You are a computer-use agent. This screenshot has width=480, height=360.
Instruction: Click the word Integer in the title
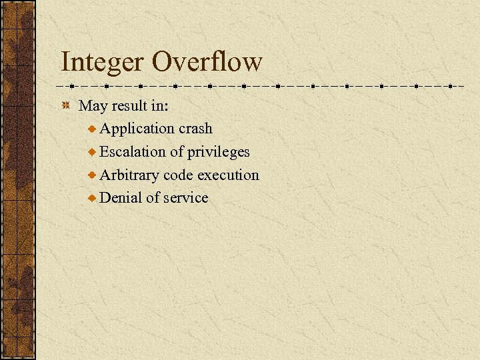pyautogui.click(x=102, y=62)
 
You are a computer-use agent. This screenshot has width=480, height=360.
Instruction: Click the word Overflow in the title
pyautogui.click(x=207, y=62)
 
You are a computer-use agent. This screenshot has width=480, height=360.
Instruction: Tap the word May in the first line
pyautogui.click(x=93, y=105)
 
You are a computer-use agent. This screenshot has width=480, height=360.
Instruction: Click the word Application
pyautogui.click(x=137, y=129)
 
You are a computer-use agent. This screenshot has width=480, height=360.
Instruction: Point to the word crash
pyautogui.click(x=195, y=128)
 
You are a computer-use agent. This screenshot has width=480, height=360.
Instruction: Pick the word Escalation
pyautogui.click(x=133, y=151)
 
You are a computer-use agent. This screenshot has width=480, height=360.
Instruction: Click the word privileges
pyautogui.click(x=218, y=152)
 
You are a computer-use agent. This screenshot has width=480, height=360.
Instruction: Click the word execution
pyautogui.click(x=228, y=175)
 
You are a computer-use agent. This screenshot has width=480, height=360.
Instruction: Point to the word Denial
pyautogui.click(x=121, y=197)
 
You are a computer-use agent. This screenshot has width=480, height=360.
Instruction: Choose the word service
pyautogui.click(x=186, y=197)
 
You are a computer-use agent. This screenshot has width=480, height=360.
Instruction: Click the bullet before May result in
pyautogui.click(x=65, y=106)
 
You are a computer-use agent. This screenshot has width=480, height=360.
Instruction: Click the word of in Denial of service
pyautogui.click(x=153, y=197)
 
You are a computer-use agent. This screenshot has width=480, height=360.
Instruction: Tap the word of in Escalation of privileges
pyautogui.click(x=176, y=151)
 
